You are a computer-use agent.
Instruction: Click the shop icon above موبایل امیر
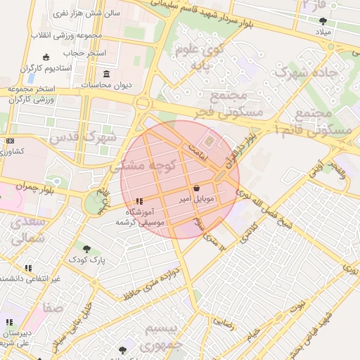pos(195,188)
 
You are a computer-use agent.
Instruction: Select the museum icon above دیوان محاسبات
pos(106,74)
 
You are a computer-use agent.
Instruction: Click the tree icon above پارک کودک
pos(86,249)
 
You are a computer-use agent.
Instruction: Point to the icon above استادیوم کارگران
pos(46,57)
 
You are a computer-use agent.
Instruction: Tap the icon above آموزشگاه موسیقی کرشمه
pos(139,201)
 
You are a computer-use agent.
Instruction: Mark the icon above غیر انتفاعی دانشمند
pos(29,268)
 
